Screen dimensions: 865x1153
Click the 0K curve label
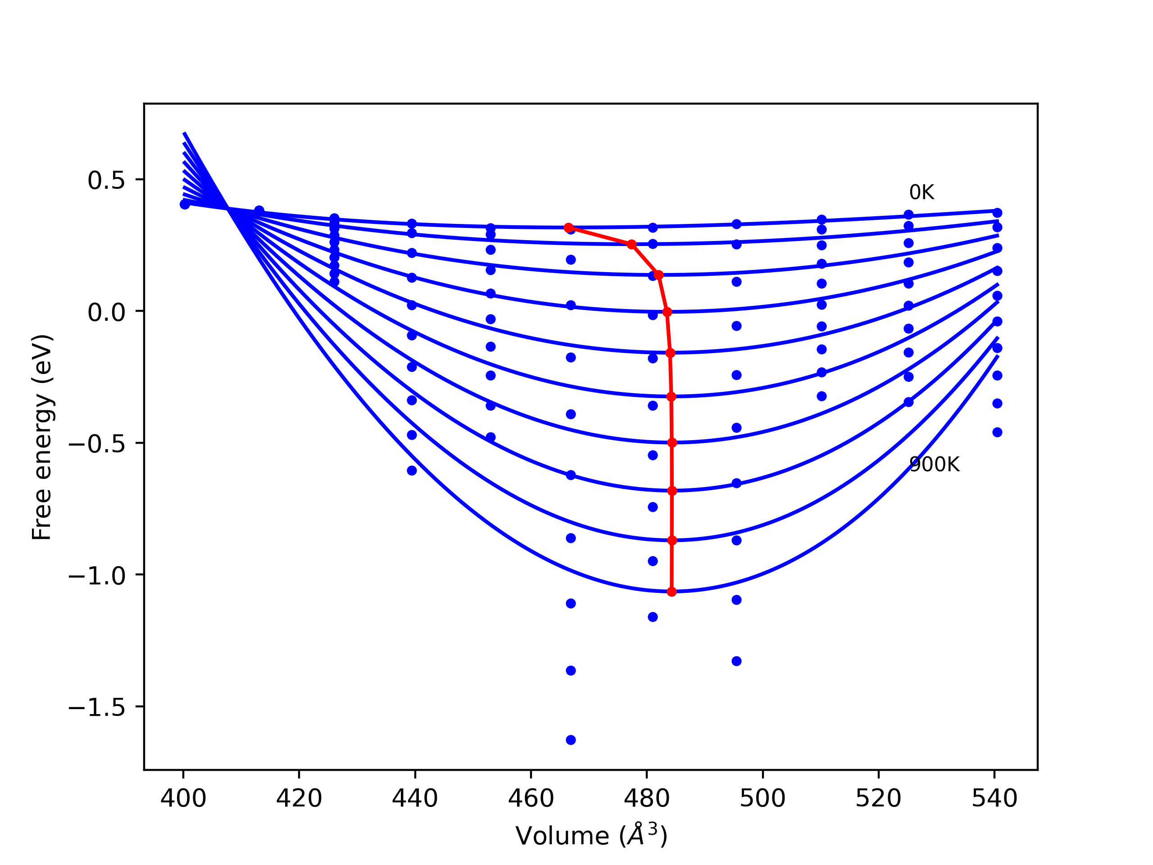click(921, 193)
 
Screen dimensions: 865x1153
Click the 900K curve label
click(934, 464)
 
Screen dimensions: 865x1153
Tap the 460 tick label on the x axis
click(531, 798)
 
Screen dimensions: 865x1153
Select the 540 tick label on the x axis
click(994, 798)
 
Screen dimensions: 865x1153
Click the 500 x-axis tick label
click(763, 798)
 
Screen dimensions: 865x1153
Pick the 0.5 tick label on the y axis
click(106, 180)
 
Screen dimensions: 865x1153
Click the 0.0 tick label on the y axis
click(106, 312)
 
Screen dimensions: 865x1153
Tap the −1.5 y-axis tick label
click(97, 707)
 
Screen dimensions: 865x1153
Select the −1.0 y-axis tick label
click(97, 576)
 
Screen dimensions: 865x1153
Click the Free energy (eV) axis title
click(42, 437)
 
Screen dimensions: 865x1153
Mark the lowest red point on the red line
click(672, 592)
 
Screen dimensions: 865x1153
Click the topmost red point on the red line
click(569, 228)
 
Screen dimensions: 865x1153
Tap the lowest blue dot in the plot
click(571, 740)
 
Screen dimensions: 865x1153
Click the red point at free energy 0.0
click(667, 312)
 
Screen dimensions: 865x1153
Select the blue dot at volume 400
click(185, 205)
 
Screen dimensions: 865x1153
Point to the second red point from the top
click(632, 245)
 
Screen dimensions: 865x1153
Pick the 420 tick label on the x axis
click(299, 798)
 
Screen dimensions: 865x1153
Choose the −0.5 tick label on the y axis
click(97, 444)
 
